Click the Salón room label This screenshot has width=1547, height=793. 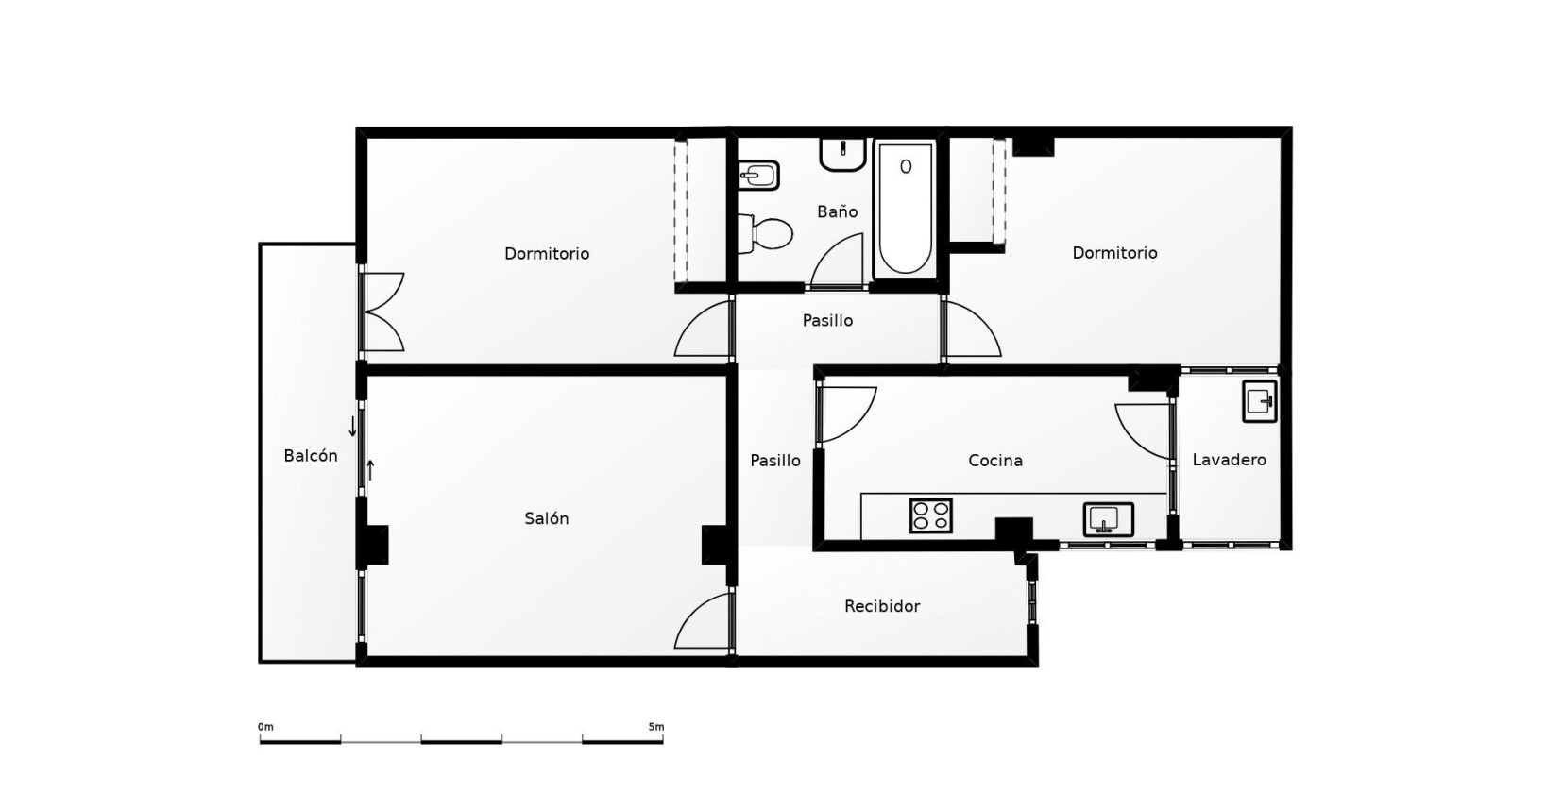pyautogui.click(x=546, y=518)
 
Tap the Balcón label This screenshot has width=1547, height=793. pyautogui.click(x=311, y=456)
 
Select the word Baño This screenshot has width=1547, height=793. pyautogui.click(x=837, y=211)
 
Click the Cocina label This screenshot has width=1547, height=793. pyautogui.click(x=995, y=461)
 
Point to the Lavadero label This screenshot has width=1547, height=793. pyautogui.click(x=1229, y=461)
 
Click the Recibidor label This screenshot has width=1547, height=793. pyautogui.click(x=882, y=606)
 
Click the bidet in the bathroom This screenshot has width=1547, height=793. pyautogui.click(x=759, y=175)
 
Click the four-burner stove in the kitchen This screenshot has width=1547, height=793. pyautogui.click(x=930, y=515)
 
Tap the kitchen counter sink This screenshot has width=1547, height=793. pyautogui.click(x=1108, y=519)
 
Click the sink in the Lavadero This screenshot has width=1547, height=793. pyautogui.click(x=1259, y=401)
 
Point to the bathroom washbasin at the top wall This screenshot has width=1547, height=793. pyautogui.click(x=842, y=154)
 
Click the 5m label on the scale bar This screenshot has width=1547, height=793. pyautogui.click(x=655, y=727)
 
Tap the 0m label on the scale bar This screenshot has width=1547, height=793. pyautogui.click(x=265, y=727)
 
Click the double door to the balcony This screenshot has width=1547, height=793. pyautogui.click(x=382, y=312)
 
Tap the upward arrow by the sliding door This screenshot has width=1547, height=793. pyautogui.click(x=370, y=468)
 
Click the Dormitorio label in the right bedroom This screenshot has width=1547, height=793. pyautogui.click(x=1114, y=253)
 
